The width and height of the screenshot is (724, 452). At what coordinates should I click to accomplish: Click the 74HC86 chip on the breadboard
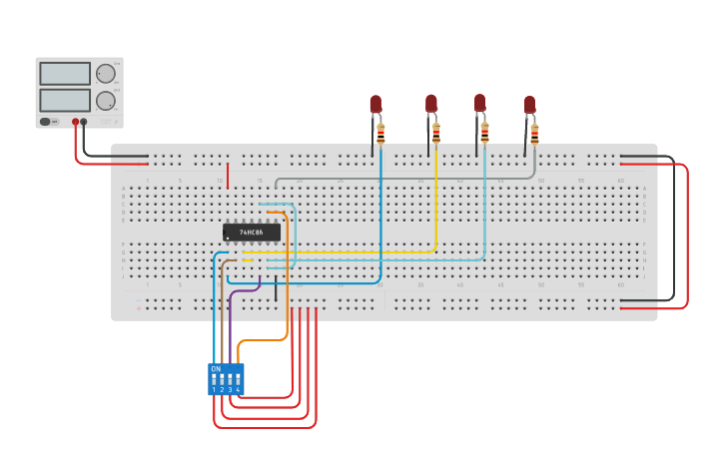pos(251,232)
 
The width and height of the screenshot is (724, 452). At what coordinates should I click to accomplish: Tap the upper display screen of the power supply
pos(65,74)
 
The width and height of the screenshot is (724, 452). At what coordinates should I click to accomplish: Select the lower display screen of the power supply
pos(65,100)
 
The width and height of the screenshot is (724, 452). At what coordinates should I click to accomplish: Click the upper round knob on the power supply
pos(105,73)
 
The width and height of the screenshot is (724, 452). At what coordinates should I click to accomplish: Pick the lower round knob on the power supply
pos(105,100)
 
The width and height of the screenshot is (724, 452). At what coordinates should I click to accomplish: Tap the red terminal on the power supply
pos(75,122)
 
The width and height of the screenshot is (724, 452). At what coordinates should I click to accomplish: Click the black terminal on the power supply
pos(84,122)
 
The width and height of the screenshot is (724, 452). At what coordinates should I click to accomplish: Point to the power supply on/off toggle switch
pos(46,122)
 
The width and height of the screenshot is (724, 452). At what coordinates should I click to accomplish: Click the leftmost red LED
pos(375,104)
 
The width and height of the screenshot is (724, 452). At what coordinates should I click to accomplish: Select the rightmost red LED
pos(529,104)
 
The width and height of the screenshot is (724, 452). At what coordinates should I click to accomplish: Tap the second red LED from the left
pos(431,103)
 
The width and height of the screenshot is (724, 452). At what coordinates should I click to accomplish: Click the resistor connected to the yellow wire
pos(436,133)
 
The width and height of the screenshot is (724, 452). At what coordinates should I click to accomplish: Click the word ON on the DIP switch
pos(216,369)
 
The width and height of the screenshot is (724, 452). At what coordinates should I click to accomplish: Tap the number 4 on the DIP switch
pos(238,390)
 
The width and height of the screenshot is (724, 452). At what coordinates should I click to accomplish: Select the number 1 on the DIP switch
pos(214,390)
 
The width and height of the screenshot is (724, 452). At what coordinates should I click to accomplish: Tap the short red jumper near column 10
pos(228,176)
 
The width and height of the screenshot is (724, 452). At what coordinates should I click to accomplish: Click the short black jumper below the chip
pos(276,290)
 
